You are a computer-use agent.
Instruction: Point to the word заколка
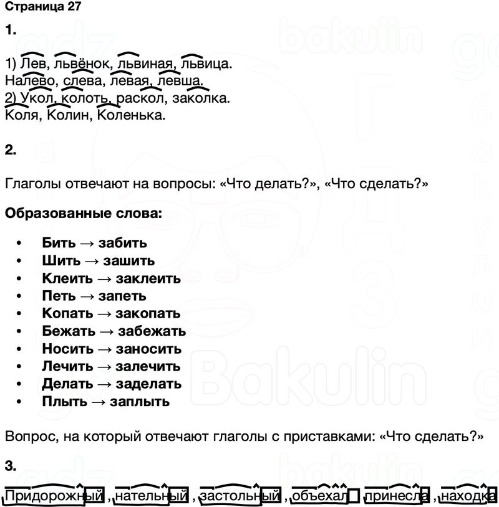(200, 98)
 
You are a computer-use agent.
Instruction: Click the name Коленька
(132, 115)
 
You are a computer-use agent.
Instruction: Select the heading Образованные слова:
(83, 214)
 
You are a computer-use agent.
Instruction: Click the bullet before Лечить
(20, 366)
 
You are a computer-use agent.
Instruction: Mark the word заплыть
(140, 402)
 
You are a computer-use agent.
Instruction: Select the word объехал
(320, 496)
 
